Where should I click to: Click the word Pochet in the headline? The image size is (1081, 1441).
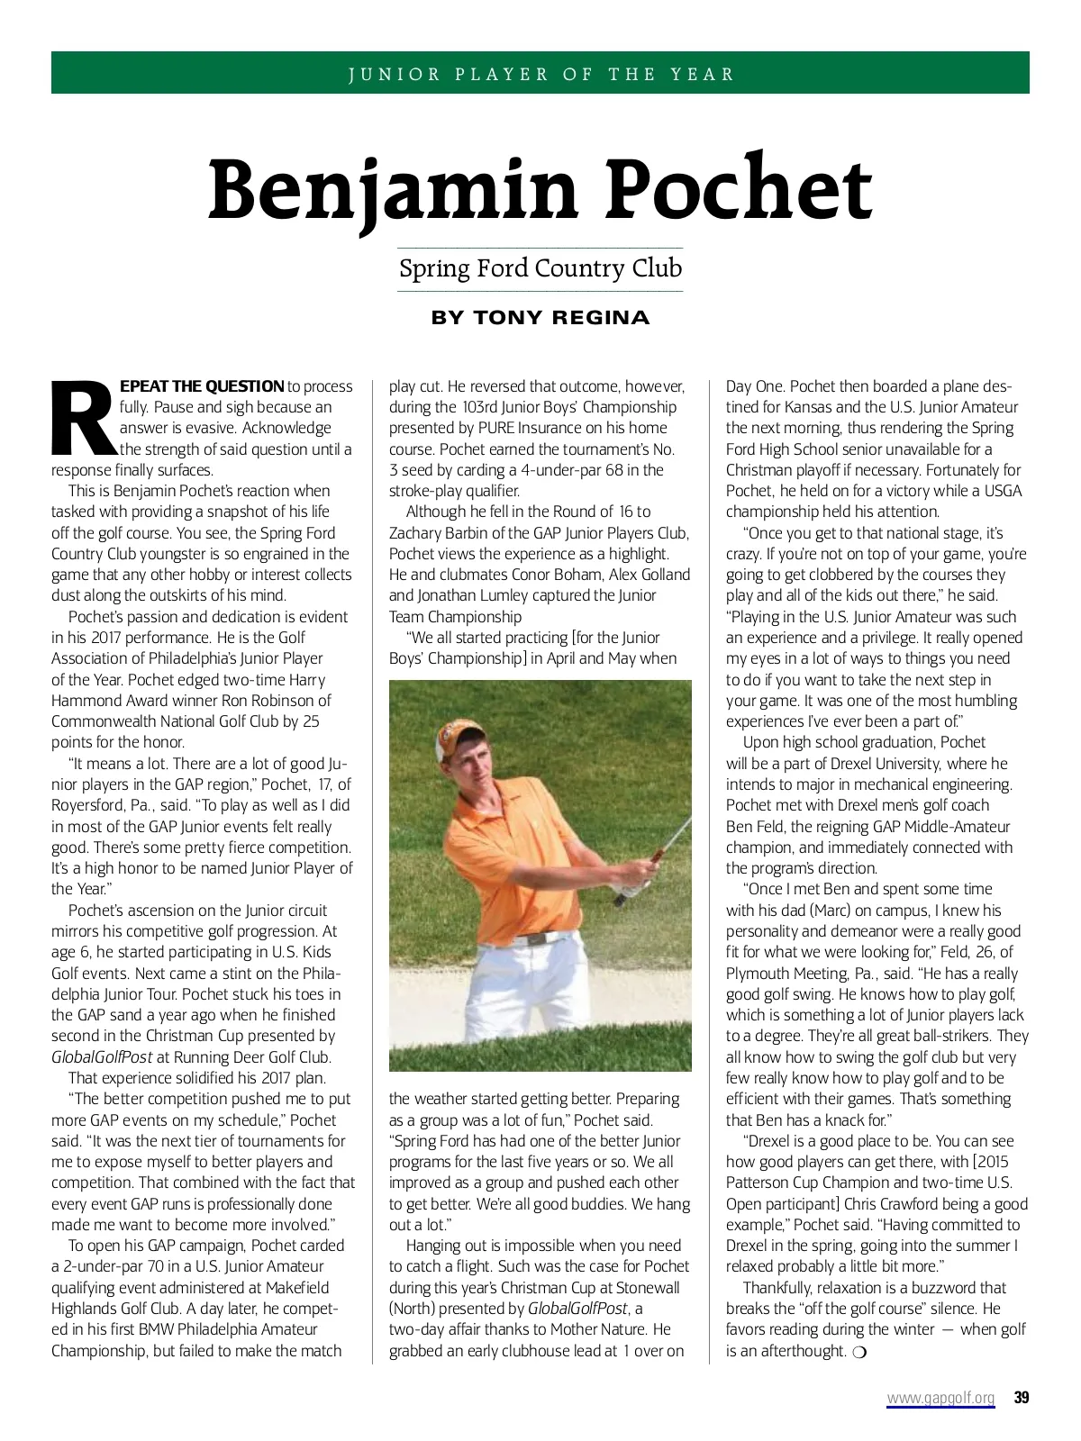738,189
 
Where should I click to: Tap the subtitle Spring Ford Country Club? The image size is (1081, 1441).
540,268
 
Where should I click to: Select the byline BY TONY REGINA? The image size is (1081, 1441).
540,318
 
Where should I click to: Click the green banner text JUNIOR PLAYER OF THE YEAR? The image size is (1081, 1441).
540,74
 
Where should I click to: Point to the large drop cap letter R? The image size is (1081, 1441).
84,419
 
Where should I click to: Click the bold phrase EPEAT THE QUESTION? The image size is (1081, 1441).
202,386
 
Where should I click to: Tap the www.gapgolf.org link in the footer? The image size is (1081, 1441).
940,1398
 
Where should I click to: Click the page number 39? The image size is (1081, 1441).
1021,1398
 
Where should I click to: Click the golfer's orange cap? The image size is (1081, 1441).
458,739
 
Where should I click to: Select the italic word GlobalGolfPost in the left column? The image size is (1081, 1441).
101,1057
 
